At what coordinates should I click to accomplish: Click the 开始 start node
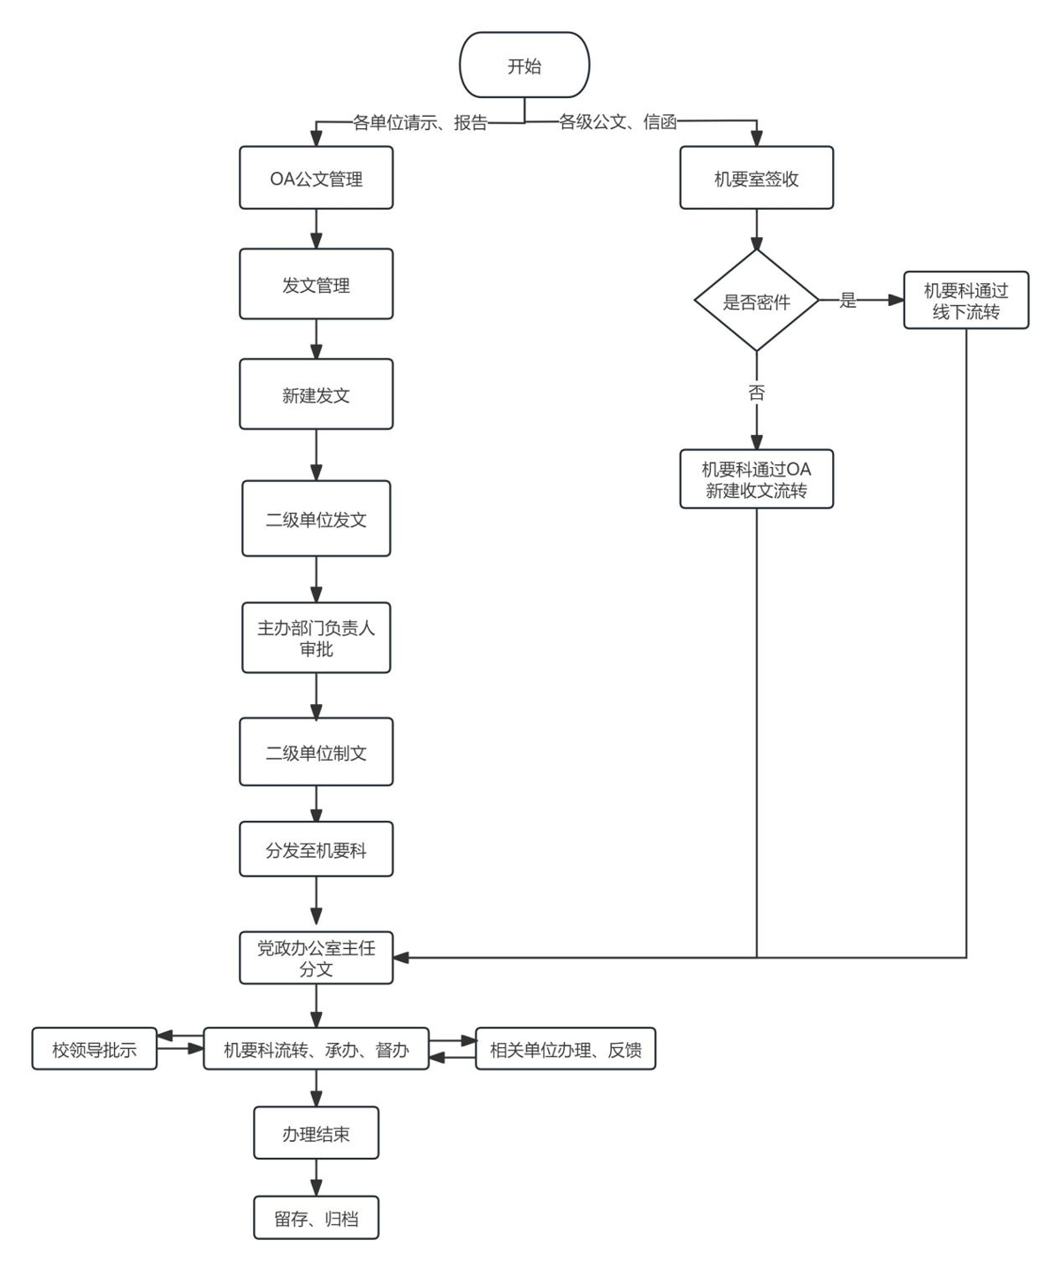pos(524,65)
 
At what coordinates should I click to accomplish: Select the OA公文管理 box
pos(316,179)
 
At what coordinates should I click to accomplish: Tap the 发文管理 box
pos(316,285)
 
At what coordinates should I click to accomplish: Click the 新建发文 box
pos(316,394)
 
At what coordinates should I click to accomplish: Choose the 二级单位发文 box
pos(316,519)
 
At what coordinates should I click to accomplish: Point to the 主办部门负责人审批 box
pos(316,638)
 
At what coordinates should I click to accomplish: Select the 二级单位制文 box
pos(316,753)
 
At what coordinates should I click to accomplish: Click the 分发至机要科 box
pos(316,850)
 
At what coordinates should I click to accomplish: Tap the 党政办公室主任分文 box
pos(316,958)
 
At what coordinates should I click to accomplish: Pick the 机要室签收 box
pos(756,179)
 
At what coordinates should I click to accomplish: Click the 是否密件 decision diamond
pos(756,302)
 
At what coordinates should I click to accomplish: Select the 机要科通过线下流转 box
pos(966,301)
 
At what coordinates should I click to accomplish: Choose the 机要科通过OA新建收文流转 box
pos(756,479)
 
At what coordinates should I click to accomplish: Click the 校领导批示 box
pos(95,1050)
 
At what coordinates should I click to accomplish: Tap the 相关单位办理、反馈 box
pos(565,1050)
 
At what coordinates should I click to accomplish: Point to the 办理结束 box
pos(316,1133)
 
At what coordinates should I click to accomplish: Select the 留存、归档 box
pos(316,1219)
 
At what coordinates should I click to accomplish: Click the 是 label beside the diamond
pos(848,301)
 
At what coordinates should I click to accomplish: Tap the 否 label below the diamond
pos(756,393)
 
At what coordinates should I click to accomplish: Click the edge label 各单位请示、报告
pos(420,123)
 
